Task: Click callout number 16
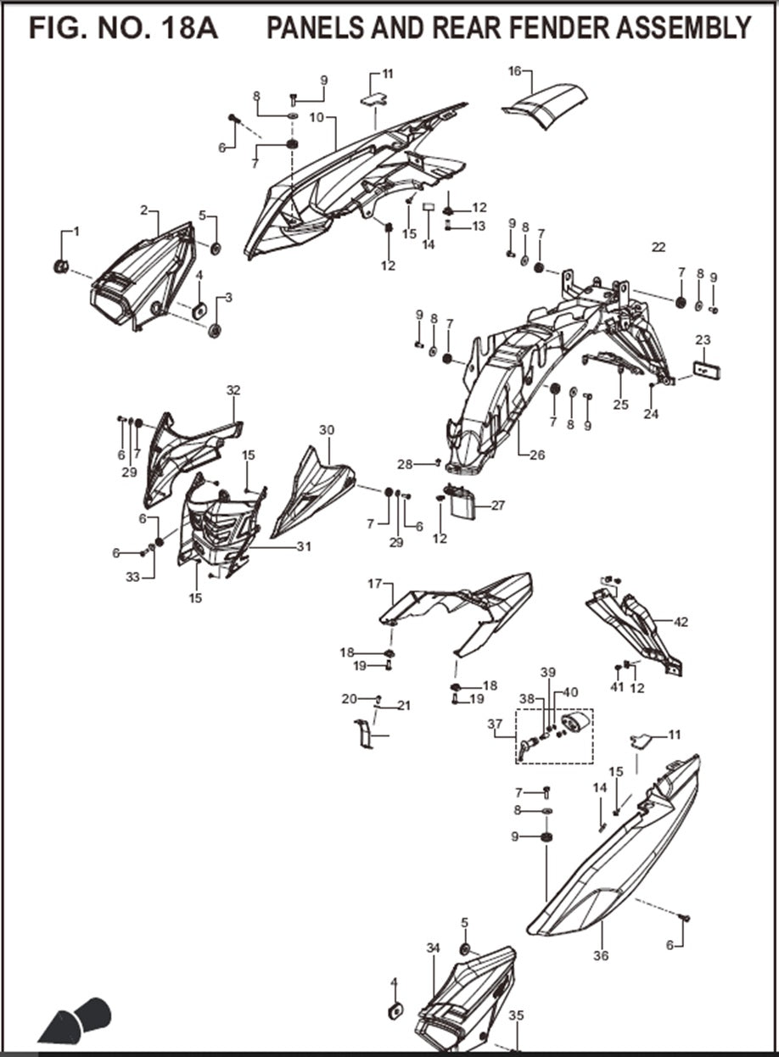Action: (514, 71)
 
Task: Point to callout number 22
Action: (659, 248)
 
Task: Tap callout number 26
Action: (537, 455)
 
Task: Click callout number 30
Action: (327, 430)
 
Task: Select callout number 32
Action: (233, 390)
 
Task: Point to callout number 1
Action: (76, 231)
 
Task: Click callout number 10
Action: (317, 117)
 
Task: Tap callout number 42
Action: (681, 622)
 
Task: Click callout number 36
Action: (601, 956)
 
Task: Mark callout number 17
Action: (375, 584)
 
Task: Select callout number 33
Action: (132, 577)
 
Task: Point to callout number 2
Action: (144, 210)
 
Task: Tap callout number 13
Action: (479, 226)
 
